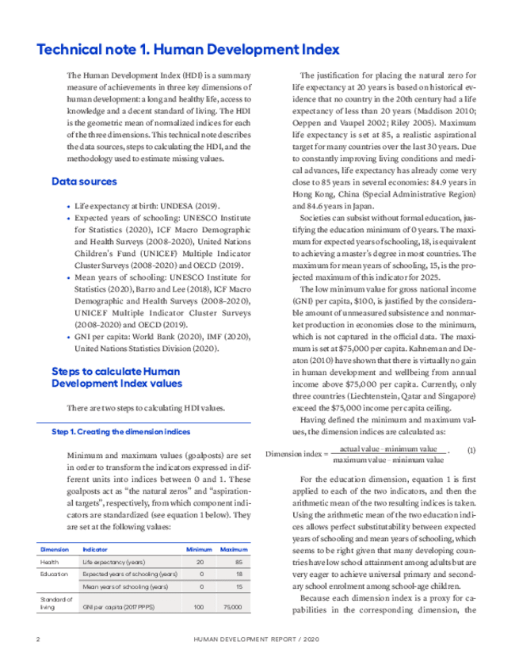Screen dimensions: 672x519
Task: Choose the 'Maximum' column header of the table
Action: pyautogui.click(x=234, y=548)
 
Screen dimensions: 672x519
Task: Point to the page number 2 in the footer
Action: pyautogui.click(x=38, y=638)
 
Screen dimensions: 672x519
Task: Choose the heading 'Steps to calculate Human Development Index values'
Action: pyautogui.click(x=116, y=376)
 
